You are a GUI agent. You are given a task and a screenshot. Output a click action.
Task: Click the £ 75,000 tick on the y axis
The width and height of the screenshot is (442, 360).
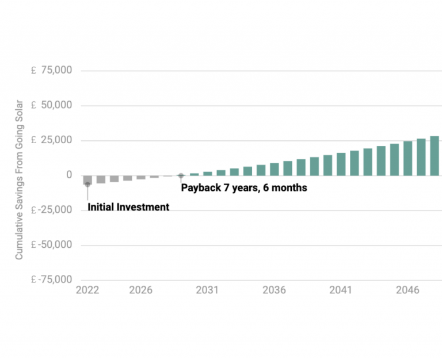coord(52,70)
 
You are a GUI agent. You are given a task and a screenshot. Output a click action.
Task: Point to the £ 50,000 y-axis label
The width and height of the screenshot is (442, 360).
coord(52,105)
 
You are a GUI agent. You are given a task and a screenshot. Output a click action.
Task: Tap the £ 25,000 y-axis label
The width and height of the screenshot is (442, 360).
coord(52,140)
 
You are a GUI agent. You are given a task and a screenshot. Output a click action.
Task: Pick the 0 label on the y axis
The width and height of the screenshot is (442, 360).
coord(69,175)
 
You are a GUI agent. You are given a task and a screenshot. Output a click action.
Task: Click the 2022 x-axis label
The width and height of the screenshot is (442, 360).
coord(87,290)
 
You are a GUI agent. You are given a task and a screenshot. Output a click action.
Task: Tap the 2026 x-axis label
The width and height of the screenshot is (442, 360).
coord(140,290)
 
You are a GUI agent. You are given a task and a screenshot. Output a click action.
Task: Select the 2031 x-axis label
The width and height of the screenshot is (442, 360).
coord(207,290)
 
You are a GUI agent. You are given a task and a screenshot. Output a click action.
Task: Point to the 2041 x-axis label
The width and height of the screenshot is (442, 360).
coord(341,290)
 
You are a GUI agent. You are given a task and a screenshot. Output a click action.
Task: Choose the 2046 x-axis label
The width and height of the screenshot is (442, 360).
coord(407,290)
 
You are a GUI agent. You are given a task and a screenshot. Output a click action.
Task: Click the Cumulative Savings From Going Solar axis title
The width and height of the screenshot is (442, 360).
coord(19,179)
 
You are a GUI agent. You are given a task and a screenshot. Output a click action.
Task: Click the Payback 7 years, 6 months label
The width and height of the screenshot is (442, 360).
coord(244,187)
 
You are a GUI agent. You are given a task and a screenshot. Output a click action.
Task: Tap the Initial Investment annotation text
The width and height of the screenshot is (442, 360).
coord(128,207)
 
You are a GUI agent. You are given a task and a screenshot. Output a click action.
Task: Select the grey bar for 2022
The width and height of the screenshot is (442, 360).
coord(87,180)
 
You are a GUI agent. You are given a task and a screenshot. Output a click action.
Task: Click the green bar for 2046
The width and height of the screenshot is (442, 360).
coord(407,158)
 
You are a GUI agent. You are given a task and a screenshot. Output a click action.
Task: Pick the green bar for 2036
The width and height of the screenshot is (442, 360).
coord(274,169)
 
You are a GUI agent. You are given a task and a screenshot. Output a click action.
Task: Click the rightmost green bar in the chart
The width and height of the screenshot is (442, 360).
coord(435,156)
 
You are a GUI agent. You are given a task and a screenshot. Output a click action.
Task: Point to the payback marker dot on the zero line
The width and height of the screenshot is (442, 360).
coord(181,176)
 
